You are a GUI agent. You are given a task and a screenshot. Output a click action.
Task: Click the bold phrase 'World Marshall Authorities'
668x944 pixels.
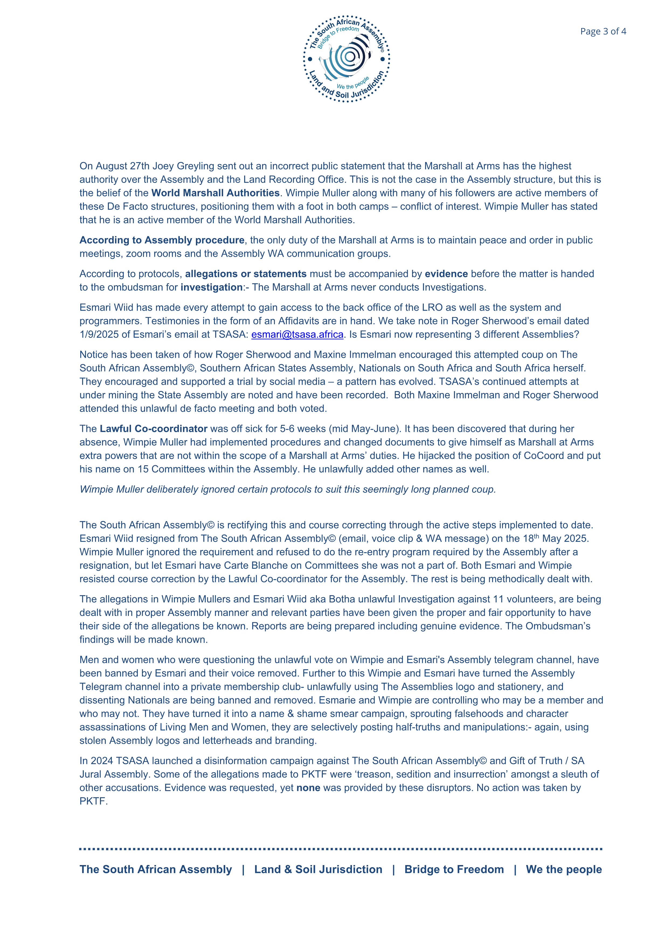pos(216,193)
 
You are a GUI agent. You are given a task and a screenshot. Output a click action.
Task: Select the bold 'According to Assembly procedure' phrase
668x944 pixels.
pos(162,240)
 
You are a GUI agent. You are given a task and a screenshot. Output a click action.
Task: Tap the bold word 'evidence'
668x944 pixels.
pos(446,274)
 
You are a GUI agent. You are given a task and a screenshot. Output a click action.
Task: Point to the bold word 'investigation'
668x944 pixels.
pos(212,287)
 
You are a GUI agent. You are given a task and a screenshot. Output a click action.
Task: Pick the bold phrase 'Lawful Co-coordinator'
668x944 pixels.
pos(153,429)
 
